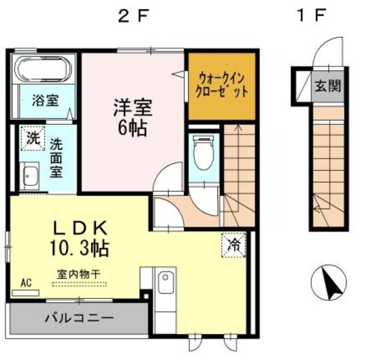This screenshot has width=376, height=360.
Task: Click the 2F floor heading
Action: [x=132, y=16]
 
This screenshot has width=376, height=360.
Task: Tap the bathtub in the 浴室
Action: [x=44, y=70]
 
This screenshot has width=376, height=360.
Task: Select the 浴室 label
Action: [x=44, y=100]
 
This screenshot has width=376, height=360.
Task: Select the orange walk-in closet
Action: [x=221, y=86]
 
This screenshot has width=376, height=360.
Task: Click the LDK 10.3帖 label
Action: [x=82, y=238]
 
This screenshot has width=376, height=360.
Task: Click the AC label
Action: [x=26, y=284]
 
